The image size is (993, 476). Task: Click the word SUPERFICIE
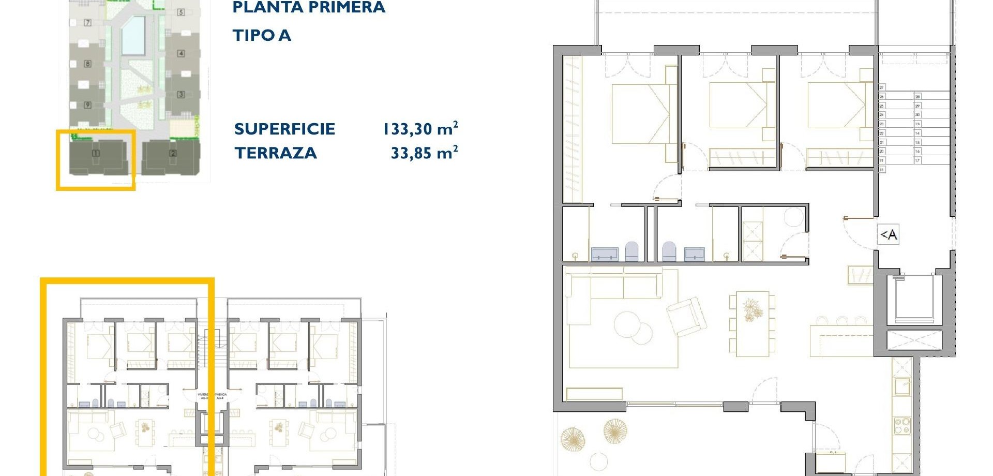pos(284,129)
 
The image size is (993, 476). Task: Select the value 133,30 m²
pos(420,129)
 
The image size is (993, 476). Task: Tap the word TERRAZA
pos(275,153)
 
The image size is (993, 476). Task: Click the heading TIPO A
pos(262,35)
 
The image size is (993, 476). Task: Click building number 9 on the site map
pos(87,105)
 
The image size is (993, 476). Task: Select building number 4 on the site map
pos(181,53)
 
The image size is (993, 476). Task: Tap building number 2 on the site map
pos(173,153)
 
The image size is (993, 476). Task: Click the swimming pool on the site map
pos(133,35)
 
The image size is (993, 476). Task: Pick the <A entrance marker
pos(889,235)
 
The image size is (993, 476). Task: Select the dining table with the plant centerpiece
pos(752,323)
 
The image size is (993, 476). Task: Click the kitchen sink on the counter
pos(902,386)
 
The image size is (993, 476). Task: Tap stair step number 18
pos(882,170)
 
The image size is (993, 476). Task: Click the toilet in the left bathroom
pos(632,251)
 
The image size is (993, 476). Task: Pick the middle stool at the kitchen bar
pos(841,321)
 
